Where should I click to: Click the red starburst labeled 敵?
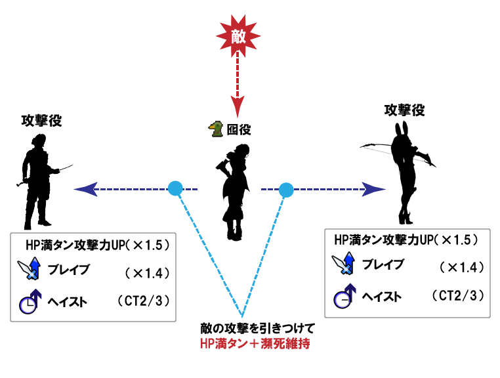238,35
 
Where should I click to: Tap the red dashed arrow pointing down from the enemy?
238,85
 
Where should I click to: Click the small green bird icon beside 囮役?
216,129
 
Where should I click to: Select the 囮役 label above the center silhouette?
239,129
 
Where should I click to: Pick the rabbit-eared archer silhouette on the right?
404,174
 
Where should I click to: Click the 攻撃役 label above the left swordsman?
41,121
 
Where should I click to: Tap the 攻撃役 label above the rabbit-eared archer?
404,110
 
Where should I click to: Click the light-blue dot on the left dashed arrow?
175,188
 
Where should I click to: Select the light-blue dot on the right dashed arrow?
286,190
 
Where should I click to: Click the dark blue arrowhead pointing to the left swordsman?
85,189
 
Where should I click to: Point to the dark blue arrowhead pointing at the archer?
374,189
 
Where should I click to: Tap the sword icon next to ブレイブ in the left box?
30,268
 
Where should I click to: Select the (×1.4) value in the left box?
147,274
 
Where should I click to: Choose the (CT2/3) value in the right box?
458,296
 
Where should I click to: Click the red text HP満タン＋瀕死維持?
255,344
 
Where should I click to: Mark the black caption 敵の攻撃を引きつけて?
258,328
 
